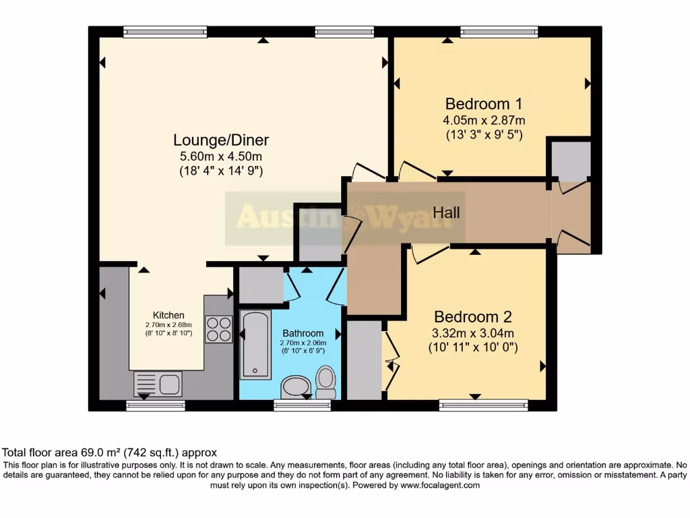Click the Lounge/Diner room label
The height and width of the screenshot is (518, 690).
click(x=221, y=140)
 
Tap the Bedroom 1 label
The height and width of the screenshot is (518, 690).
click(x=484, y=104)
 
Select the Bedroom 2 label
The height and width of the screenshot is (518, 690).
click(x=473, y=317)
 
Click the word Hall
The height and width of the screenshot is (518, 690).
click(x=446, y=212)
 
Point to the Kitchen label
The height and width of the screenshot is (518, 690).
click(x=168, y=315)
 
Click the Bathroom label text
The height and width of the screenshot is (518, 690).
click(x=303, y=333)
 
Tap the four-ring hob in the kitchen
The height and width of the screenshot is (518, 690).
click(x=218, y=329)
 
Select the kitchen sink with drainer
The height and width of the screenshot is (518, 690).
click(x=158, y=384)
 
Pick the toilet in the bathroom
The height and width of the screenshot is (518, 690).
click(x=326, y=383)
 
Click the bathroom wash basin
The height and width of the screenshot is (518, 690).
click(x=295, y=388)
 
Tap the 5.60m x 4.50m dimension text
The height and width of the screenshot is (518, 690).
click(x=221, y=156)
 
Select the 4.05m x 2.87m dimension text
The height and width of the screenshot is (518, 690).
click(x=484, y=120)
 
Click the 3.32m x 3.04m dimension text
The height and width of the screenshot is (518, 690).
click(x=473, y=333)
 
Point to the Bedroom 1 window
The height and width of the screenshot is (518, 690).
click(x=499, y=31)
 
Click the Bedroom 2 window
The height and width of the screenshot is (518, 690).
click(x=483, y=405)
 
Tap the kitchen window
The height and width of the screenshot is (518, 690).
click(x=156, y=405)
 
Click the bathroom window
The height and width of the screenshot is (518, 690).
click(x=302, y=405)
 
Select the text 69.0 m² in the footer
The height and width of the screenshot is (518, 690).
click(x=86, y=453)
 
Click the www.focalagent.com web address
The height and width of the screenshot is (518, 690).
click(x=439, y=485)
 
